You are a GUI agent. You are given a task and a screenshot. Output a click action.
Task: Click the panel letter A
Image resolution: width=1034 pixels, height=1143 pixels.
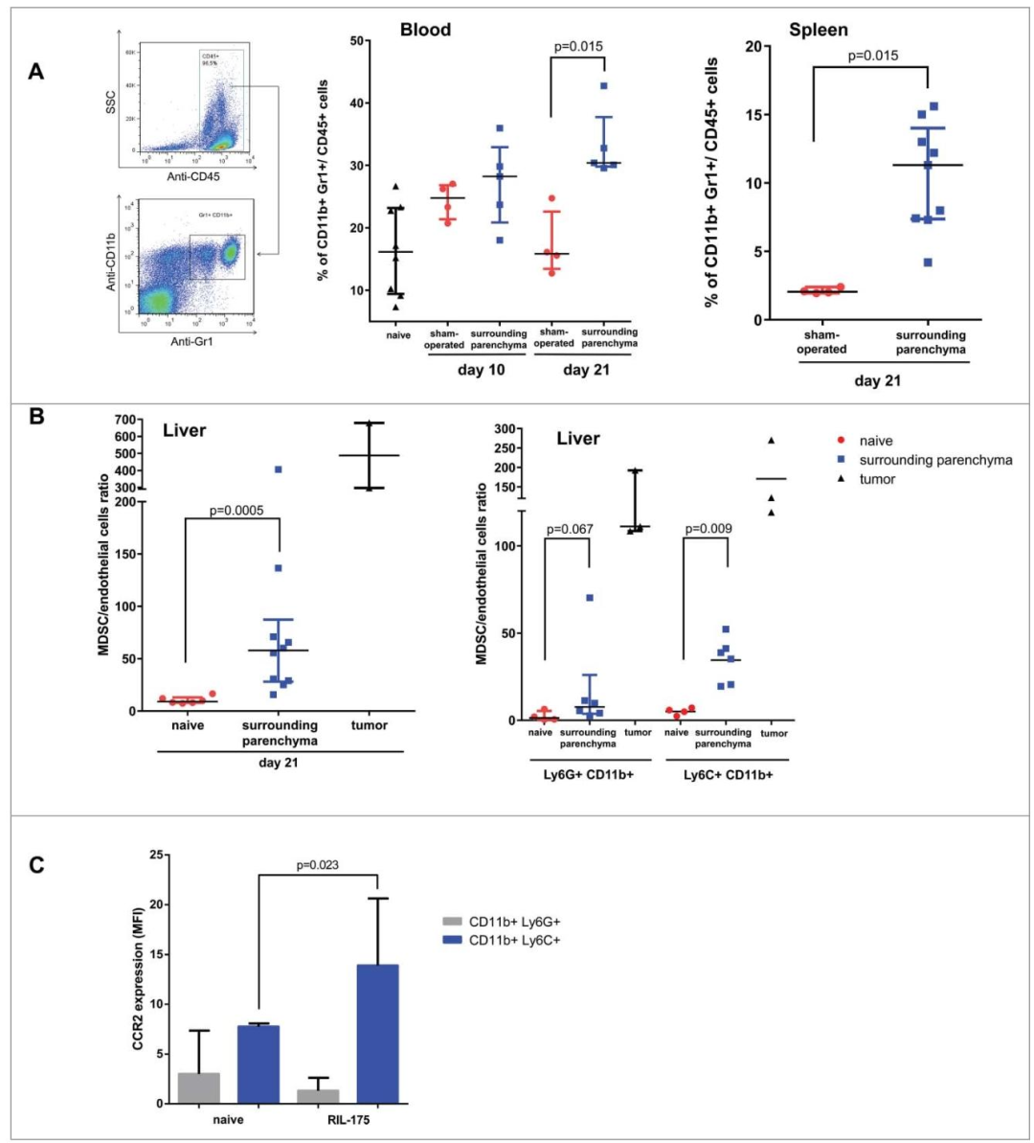click(35, 71)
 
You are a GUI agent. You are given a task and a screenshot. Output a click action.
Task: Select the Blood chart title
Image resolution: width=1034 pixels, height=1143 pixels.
click(425, 30)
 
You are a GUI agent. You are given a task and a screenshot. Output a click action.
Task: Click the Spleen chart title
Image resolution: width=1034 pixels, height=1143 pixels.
click(820, 30)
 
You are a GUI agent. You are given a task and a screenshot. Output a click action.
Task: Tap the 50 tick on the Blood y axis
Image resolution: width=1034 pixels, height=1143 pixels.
click(356, 41)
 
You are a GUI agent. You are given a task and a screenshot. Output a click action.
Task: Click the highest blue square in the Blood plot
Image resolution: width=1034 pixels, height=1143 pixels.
click(604, 86)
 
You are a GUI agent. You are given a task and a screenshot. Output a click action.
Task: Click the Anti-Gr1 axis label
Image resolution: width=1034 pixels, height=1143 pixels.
click(191, 342)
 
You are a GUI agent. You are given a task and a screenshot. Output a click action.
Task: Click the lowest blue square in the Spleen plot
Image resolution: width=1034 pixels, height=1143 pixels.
click(928, 262)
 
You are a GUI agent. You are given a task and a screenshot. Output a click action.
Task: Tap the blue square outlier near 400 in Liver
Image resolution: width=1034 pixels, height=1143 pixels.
click(278, 469)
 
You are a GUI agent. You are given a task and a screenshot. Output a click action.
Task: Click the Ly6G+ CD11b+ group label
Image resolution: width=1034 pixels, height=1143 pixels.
click(586, 774)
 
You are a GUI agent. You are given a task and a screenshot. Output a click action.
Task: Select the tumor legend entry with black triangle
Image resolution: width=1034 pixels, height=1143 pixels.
click(877, 479)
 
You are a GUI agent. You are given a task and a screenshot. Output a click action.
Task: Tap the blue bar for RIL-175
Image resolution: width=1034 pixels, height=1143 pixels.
click(377, 1036)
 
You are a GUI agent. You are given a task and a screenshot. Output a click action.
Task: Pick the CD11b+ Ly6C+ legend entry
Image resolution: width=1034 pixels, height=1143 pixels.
click(514, 940)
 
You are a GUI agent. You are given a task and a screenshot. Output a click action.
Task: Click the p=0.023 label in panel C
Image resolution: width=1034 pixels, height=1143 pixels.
click(317, 865)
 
